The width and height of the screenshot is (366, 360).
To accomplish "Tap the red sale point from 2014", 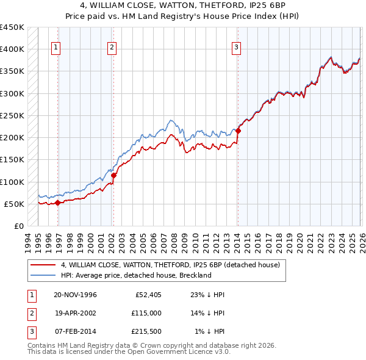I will click(x=238, y=131).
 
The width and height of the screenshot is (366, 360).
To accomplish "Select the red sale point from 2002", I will click(x=113, y=175).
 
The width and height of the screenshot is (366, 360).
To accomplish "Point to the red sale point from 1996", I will click(x=57, y=203).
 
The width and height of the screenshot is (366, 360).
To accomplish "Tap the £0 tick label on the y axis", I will click(x=18, y=226).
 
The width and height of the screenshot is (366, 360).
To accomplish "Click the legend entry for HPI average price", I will click(x=136, y=275).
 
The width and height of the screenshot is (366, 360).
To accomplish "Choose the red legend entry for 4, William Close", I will click(x=170, y=265).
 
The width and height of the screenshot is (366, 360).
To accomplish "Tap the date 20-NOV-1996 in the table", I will click(x=75, y=295).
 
